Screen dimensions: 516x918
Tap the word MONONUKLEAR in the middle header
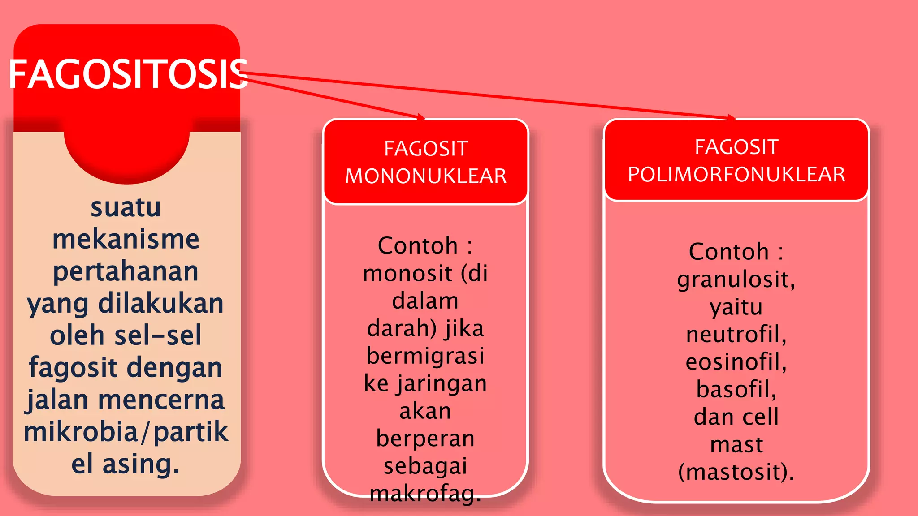pos(426,176)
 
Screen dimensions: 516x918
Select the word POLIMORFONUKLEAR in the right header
pos(736,174)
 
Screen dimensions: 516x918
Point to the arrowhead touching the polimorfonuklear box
pos(732,117)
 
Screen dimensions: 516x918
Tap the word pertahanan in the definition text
pos(126,271)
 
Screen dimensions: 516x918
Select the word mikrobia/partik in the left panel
pos(126,431)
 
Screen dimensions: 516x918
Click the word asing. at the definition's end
pos(141,464)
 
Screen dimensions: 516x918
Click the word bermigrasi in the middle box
pos(425,356)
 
